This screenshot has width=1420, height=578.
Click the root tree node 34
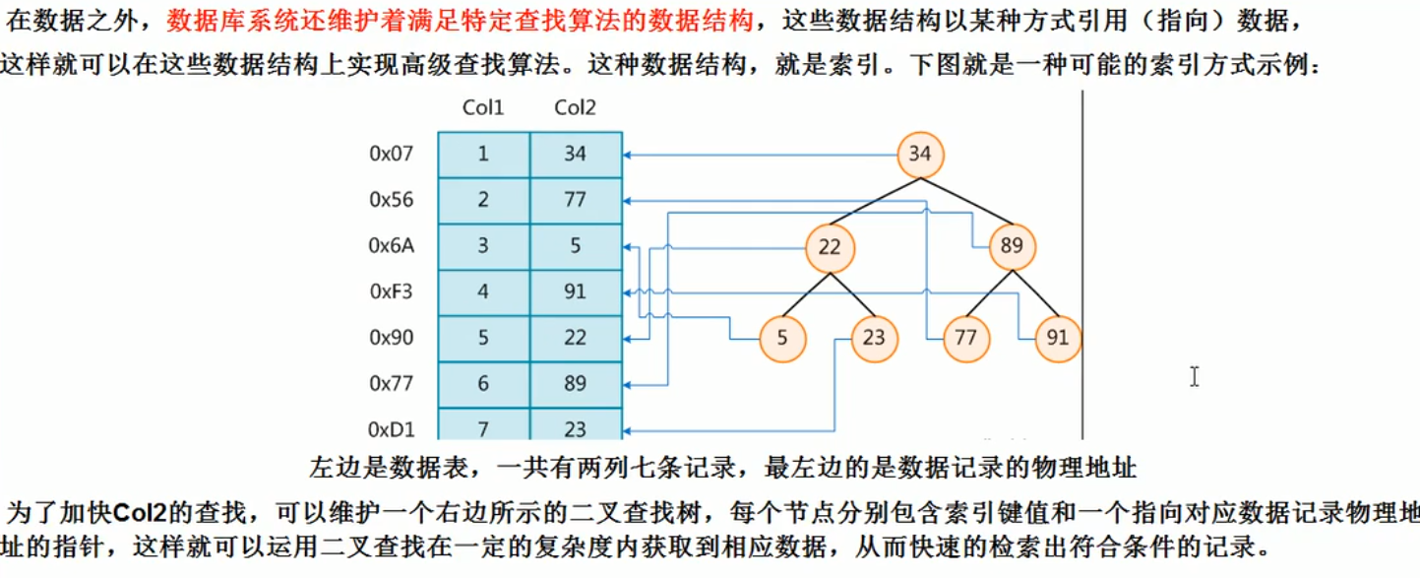click(920, 155)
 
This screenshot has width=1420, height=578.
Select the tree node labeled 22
click(830, 247)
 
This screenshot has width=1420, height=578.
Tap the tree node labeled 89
click(1012, 247)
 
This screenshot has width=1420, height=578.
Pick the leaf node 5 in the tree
click(782, 339)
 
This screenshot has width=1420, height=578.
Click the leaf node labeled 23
click(874, 339)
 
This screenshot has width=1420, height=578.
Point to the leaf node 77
click(965, 339)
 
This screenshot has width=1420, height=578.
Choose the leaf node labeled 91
click(1057, 339)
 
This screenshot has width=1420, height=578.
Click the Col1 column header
click(483, 107)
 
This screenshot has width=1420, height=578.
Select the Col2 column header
click(575, 107)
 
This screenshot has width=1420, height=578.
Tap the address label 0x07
click(392, 154)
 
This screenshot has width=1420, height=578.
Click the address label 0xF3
click(392, 291)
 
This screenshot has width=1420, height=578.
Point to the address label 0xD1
click(392, 429)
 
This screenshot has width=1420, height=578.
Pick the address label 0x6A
click(392, 246)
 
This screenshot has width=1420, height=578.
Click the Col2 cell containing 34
click(576, 155)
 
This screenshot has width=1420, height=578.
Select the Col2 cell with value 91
click(576, 292)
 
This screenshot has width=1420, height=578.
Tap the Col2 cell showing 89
click(576, 384)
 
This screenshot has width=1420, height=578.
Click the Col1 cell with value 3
click(483, 246)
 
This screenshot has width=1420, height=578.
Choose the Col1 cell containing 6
click(483, 384)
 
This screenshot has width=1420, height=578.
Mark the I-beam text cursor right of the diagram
click(1194, 376)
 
